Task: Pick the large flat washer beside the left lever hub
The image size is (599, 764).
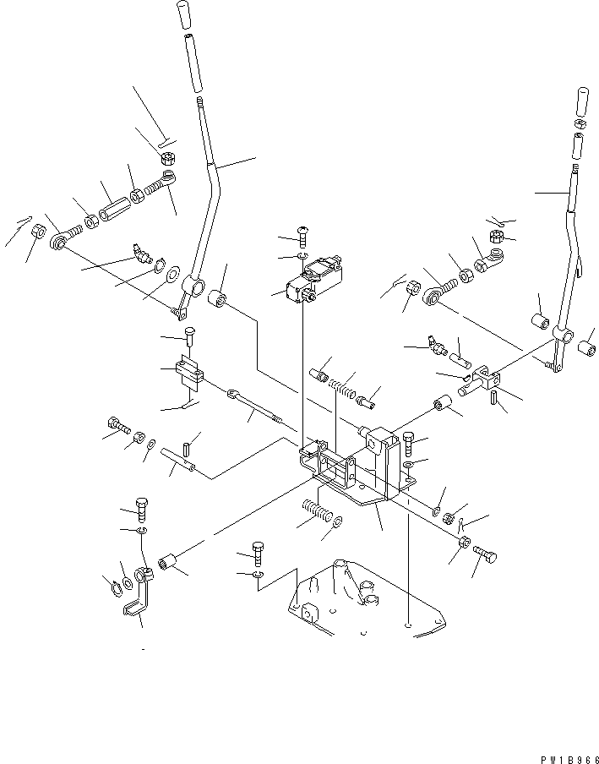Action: [x=175, y=275]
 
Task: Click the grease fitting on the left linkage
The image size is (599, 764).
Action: [x=139, y=253]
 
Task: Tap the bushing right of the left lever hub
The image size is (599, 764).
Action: [x=221, y=299]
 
